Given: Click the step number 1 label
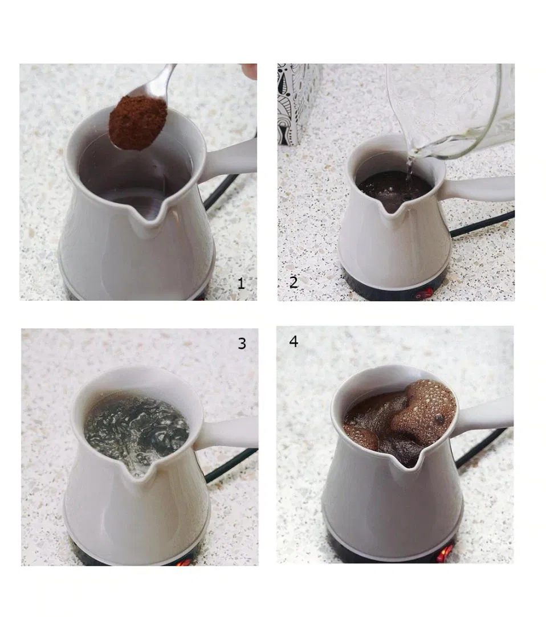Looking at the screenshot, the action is coord(241,283).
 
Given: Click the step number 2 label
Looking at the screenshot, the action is coord(294,282).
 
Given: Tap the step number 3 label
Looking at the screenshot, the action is coord(242,344).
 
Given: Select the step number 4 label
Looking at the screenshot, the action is coord(294,341).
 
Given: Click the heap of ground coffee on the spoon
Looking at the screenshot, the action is coord(138,122).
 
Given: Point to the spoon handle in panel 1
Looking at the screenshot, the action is coord(161,81).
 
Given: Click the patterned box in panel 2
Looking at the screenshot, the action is coord(297,103).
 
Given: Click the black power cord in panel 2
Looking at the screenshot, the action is coord(482,224).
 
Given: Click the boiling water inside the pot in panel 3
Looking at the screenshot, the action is coord(136,427).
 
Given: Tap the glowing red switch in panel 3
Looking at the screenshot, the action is coord(184,562).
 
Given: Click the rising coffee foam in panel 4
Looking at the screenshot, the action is coord(423,407).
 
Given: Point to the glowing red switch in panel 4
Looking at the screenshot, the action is coord(444,554).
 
